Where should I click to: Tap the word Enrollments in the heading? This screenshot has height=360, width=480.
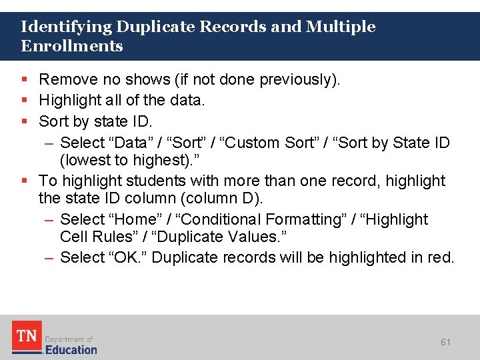coord(72,46)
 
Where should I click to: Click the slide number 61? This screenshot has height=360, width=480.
coord(445,342)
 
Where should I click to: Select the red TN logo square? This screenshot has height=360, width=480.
coord(27,337)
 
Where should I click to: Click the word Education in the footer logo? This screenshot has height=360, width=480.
coord(71,349)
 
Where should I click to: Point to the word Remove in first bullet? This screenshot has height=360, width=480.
coord(67,79)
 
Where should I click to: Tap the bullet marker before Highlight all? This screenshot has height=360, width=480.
coord(24,101)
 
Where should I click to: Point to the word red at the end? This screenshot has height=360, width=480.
coord(441,257)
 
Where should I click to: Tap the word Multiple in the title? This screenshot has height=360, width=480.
coord(341,27)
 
